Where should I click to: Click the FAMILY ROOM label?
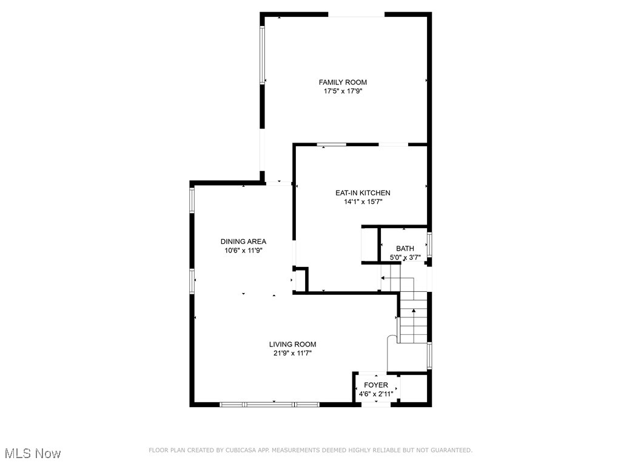343,82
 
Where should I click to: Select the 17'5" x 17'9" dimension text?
343,92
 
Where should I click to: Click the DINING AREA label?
243,241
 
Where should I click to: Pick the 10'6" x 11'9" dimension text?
243,250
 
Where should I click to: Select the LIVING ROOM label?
293,344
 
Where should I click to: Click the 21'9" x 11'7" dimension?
293,353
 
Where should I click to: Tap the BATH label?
405,248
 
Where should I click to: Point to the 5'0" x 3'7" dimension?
405,257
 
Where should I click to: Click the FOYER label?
376,385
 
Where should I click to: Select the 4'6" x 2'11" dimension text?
376,394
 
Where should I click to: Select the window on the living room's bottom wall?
269,404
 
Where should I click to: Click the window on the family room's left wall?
263,55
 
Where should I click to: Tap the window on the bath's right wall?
429,244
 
